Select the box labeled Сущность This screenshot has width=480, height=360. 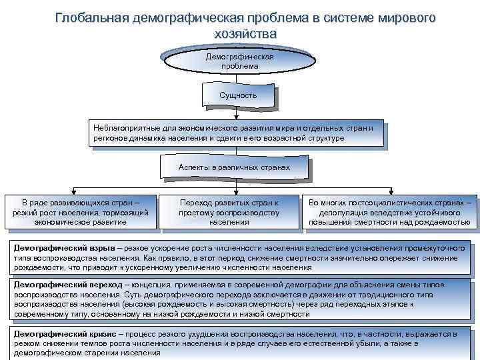click(238, 96)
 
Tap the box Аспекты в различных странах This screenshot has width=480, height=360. click(234, 167)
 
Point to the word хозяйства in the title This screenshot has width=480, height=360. click(245, 33)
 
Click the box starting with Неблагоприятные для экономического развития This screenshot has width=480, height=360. click(237, 133)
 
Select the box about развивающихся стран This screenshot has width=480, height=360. click(81, 211)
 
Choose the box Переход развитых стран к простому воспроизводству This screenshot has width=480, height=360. click(229, 211)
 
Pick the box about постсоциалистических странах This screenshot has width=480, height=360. click(390, 211)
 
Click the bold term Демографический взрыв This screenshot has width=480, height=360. click(63, 246)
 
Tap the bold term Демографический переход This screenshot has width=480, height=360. click(67, 284)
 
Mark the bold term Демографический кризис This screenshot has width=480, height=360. click(64, 333)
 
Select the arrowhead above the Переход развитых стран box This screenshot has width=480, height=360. click(235, 192)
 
